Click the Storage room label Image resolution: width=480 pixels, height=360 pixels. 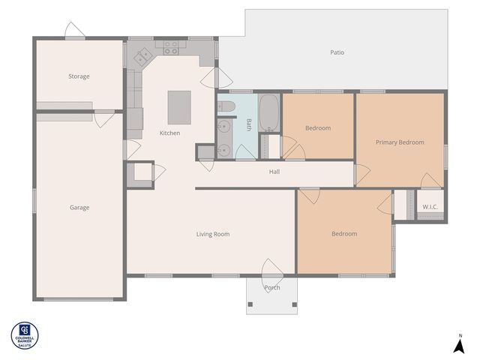pyautogui.click(x=79, y=76)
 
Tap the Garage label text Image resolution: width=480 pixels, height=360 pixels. pyautogui.click(x=79, y=208)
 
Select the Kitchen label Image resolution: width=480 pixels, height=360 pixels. pyautogui.click(x=169, y=133)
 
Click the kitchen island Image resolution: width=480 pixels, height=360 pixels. pyautogui.click(x=179, y=107)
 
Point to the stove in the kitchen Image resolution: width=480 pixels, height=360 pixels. pyautogui.click(x=171, y=46)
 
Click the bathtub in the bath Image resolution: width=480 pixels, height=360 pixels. pyautogui.click(x=268, y=113)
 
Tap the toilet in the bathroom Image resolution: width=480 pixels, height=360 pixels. pyautogui.click(x=224, y=107)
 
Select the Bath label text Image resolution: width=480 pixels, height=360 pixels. pyautogui.click(x=248, y=124)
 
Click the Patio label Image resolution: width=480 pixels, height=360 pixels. pyautogui.click(x=337, y=52)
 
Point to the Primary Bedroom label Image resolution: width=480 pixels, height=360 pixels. pyautogui.click(x=400, y=142)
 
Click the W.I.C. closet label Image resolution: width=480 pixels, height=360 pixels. pyautogui.click(x=430, y=207)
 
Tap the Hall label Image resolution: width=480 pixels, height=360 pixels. pyautogui.click(x=274, y=172)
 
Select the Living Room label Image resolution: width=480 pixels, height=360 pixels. pyautogui.click(x=213, y=234)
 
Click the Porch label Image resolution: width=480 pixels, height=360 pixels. pyautogui.click(x=272, y=287)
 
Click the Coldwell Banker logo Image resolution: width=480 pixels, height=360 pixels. pyautogui.click(x=25, y=335)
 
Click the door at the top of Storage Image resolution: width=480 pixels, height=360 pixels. pyautogui.click(x=75, y=31)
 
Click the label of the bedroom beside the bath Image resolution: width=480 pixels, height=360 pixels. pyautogui.click(x=317, y=128)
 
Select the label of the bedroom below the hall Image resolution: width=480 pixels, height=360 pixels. pyautogui.click(x=344, y=234)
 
